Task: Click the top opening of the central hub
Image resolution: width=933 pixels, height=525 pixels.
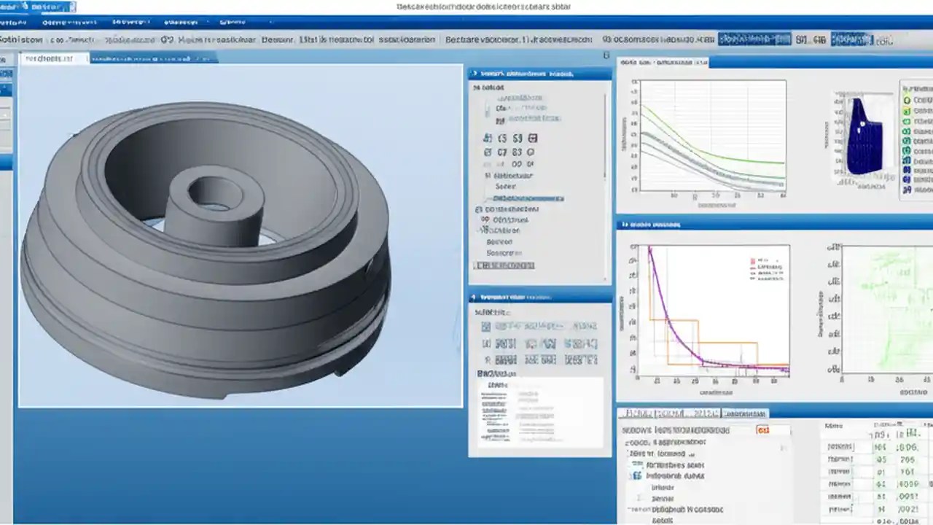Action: tap(215, 192)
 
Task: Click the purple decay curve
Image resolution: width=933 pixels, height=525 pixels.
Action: tap(667, 314)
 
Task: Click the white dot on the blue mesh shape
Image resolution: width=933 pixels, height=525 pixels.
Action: tap(862, 125)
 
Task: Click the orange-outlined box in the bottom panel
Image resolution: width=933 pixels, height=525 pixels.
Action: tap(763, 430)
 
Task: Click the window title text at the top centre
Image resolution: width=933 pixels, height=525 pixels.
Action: tap(483, 7)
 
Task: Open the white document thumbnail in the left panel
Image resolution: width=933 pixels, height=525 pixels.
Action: tap(539, 412)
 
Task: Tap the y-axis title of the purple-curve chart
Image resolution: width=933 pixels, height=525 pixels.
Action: tap(622, 314)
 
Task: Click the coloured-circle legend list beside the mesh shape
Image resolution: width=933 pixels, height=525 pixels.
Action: tap(917, 142)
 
